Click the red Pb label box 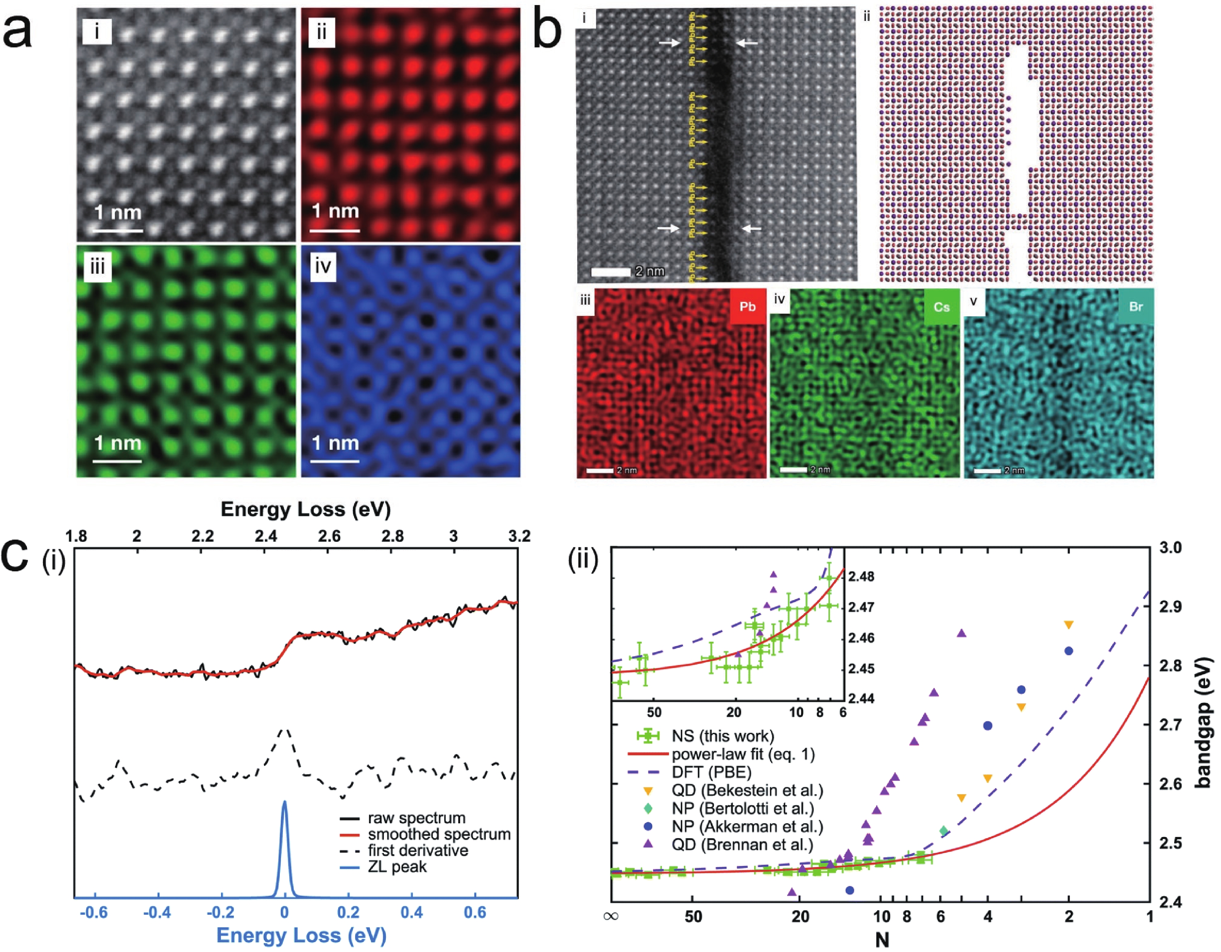point(747,306)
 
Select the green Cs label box point(942,306)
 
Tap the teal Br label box point(1135,306)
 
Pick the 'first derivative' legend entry point(417,850)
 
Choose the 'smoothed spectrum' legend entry point(438,834)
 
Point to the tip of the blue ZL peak point(285,803)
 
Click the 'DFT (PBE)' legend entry point(711,772)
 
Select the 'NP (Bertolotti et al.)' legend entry point(742,808)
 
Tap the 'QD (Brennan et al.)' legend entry point(742,844)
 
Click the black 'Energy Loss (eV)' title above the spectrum point(305,509)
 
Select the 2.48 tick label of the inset point(861,576)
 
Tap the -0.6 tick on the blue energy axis point(93,912)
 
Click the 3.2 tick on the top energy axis point(519,536)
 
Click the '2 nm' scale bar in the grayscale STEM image point(610,272)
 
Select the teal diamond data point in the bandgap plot point(944,831)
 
